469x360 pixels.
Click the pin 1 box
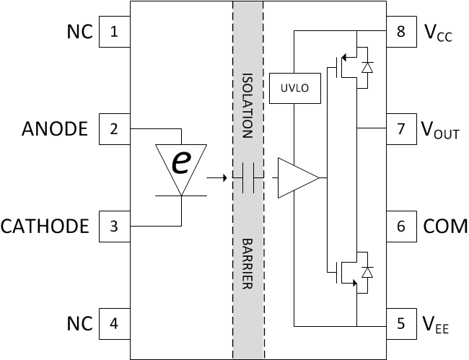(x=113, y=32)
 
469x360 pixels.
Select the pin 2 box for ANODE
(x=113, y=129)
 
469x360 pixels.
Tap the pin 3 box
(x=113, y=226)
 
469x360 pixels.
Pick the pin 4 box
(x=113, y=322)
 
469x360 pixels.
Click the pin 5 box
(x=401, y=322)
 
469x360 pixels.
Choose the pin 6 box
(x=401, y=226)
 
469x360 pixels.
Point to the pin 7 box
(x=401, y=129)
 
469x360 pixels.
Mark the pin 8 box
(x=401, y=32)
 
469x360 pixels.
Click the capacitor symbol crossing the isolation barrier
(x=248, y=177)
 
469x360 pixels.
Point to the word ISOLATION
(x=247, y=105)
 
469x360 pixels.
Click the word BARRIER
(x=247, y=264)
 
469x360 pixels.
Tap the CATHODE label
(x=45, y=227)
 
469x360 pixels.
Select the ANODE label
(x=55, y=129)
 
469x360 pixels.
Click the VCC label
(x=438, y=33)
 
